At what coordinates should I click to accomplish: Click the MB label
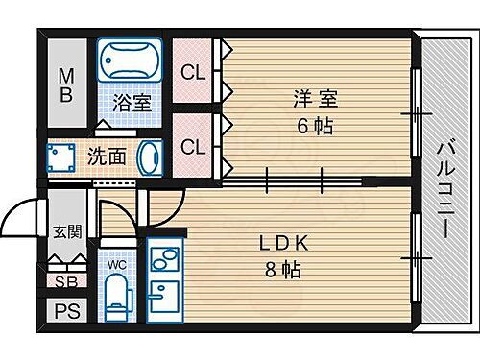point(66,84)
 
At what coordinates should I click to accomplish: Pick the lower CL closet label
point(193,147)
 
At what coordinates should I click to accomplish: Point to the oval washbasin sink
point(150,156)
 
